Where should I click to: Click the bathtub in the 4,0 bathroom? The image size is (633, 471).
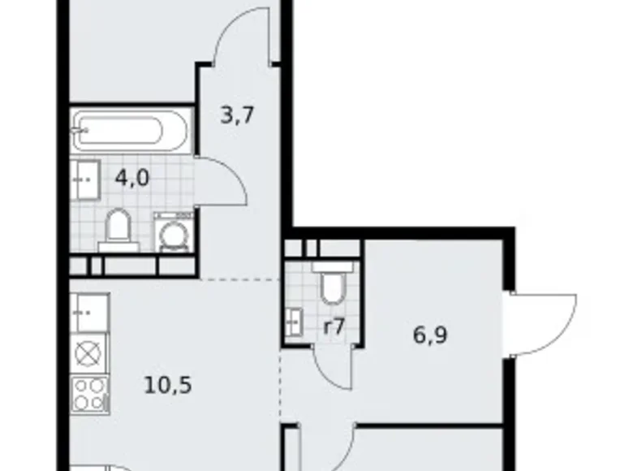pos(131,131)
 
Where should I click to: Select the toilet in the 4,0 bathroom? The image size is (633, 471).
pos(118,229)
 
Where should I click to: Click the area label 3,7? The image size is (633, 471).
pos(238,115)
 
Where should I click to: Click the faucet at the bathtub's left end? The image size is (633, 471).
pos(80,129)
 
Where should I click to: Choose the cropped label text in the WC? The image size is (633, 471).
pos(334,328)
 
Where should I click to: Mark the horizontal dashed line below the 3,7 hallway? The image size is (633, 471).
pos(239,278)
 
